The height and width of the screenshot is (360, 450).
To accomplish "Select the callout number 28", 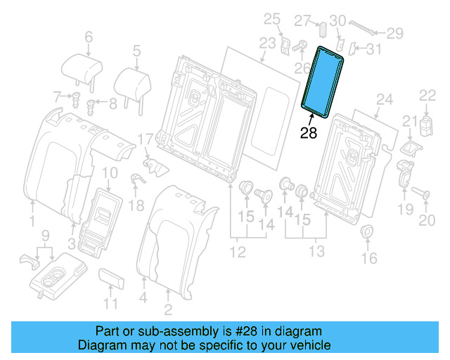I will point(309,132).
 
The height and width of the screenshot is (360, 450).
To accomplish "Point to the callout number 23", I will point(266,44).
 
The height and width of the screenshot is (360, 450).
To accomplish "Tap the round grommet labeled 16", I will point(367,233).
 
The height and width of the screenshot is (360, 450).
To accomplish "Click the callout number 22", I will point(427,95).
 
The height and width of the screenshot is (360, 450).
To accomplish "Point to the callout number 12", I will point(238,251).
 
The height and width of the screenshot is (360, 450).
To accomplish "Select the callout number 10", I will point(110,173).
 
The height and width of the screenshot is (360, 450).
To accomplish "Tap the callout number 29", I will point(396,32).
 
